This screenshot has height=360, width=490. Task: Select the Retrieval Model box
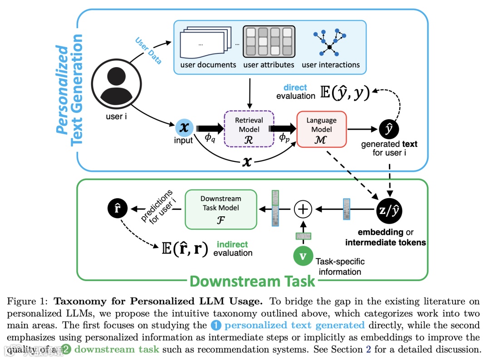[x=249, y=129]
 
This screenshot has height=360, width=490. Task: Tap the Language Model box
[x=321, y=129]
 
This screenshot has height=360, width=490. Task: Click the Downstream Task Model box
[x=220, y=209]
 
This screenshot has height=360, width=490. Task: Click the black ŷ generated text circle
[x=389, y=129]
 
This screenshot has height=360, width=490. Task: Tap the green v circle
[x=303, y=256]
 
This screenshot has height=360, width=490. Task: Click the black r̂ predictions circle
[x=118, y=209]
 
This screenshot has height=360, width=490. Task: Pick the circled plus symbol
[x=303, y=209]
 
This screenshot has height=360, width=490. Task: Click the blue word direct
[x=295, y=88]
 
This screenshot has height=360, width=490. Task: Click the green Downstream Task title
[x=252, y=281]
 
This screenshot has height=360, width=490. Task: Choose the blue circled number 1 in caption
[x=216, y=325]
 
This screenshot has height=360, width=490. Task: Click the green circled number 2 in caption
[x=67, y=349]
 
